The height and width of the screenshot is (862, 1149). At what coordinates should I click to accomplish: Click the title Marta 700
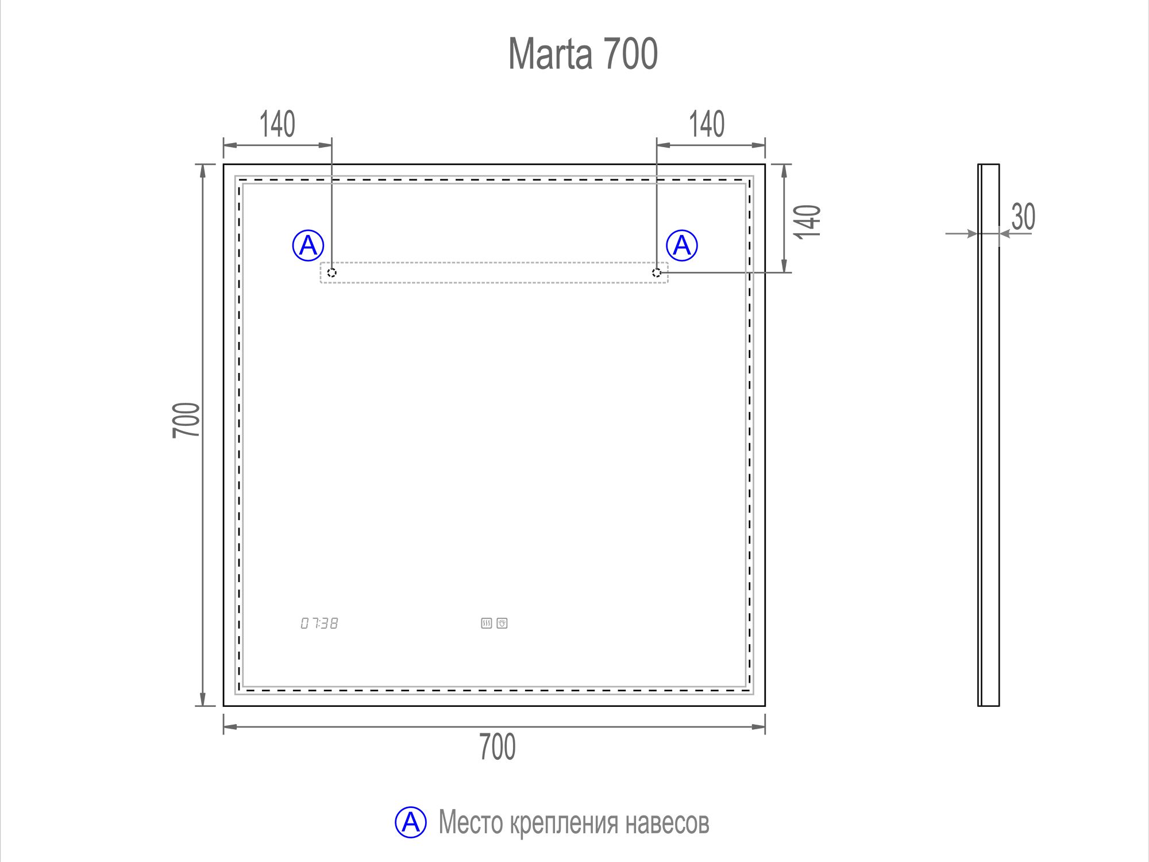[x=583, y=54]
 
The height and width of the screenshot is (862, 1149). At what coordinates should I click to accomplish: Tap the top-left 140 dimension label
[x=277, y=124]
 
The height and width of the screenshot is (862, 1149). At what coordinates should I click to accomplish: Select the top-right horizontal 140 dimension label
[x=707, y=124]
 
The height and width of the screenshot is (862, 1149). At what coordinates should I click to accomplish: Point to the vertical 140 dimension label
[x=807, y=221]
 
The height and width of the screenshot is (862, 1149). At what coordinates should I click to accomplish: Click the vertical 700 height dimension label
[x=186, y=420]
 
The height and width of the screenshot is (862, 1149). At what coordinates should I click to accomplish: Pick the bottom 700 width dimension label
[x=498, y=747]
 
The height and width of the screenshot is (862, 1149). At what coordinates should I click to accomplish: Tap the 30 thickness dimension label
[x=1023, y=217]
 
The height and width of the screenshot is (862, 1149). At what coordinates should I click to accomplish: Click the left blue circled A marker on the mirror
[x=309, y=245]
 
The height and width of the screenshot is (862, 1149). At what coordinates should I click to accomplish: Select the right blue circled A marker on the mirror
[x=682, y=245]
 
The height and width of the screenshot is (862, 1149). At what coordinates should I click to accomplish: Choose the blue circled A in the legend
[x=411, y=822]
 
